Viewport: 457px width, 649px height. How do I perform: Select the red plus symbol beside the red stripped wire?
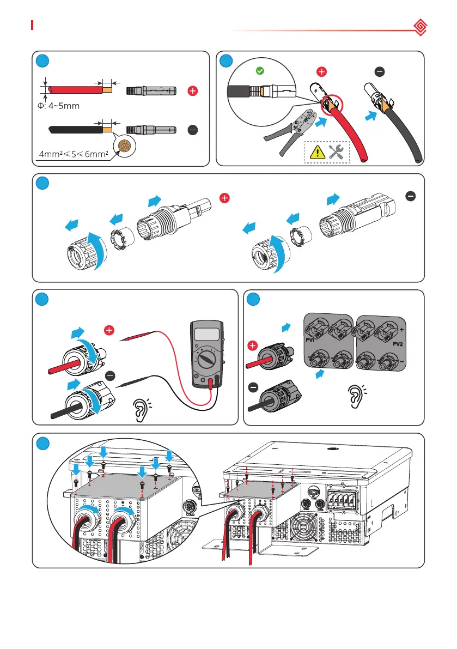coord(192,92)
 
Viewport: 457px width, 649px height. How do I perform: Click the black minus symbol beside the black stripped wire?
coord(192,130)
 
